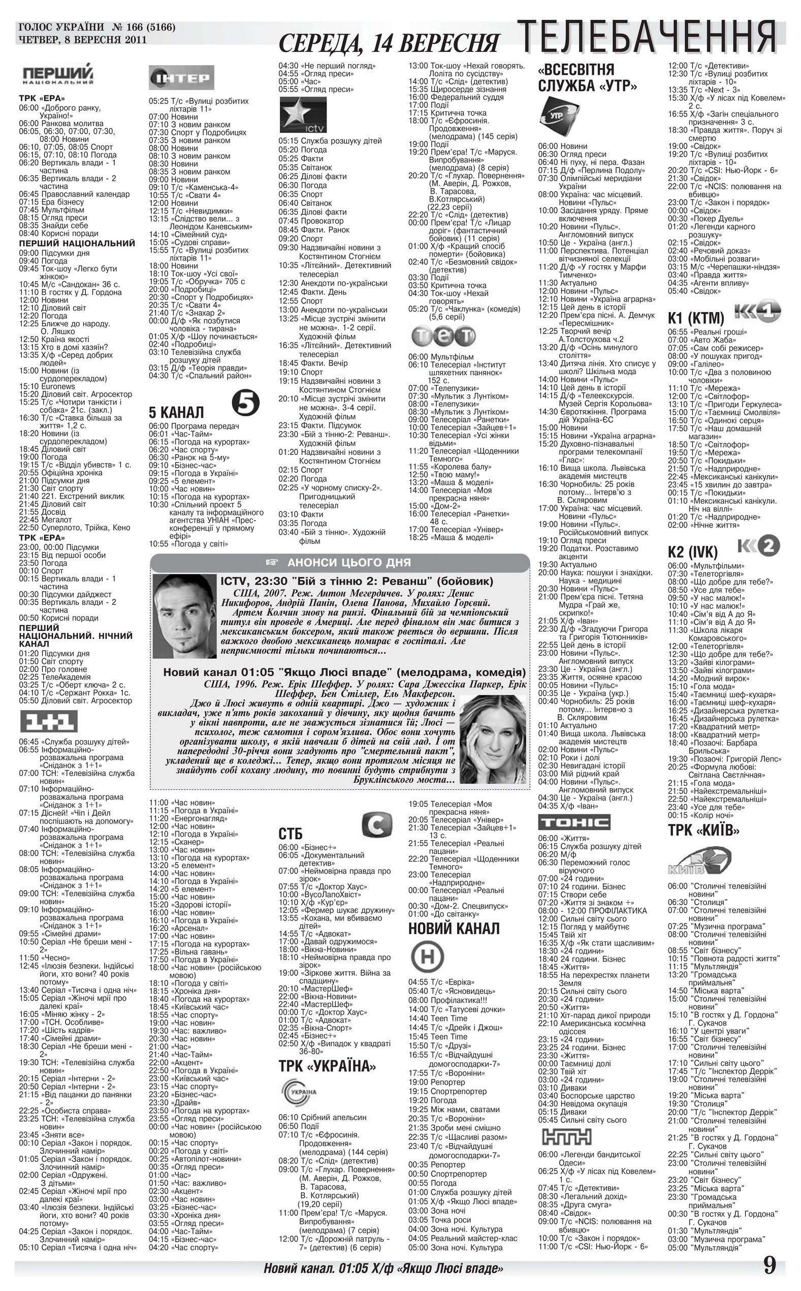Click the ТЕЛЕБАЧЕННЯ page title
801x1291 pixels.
tap(646, 37)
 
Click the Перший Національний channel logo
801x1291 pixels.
tap(59, 74)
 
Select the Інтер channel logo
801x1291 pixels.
tap(181, 78)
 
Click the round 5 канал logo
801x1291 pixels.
tap(246, 405)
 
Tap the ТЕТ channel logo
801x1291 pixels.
tap(443, 335)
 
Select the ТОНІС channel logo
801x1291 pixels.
tap(574, 822)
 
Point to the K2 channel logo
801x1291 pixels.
tap(759, 546)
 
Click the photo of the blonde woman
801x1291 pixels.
tap(493, 740)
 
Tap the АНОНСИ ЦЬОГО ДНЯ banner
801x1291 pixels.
tap(340, 562)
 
